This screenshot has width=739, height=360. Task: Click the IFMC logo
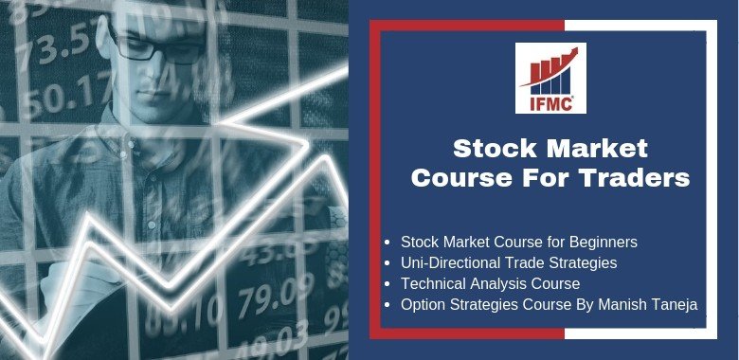[550, 79]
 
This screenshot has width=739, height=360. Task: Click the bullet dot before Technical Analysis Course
[392, 283]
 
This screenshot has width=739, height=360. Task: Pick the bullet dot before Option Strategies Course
[392, 304]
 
